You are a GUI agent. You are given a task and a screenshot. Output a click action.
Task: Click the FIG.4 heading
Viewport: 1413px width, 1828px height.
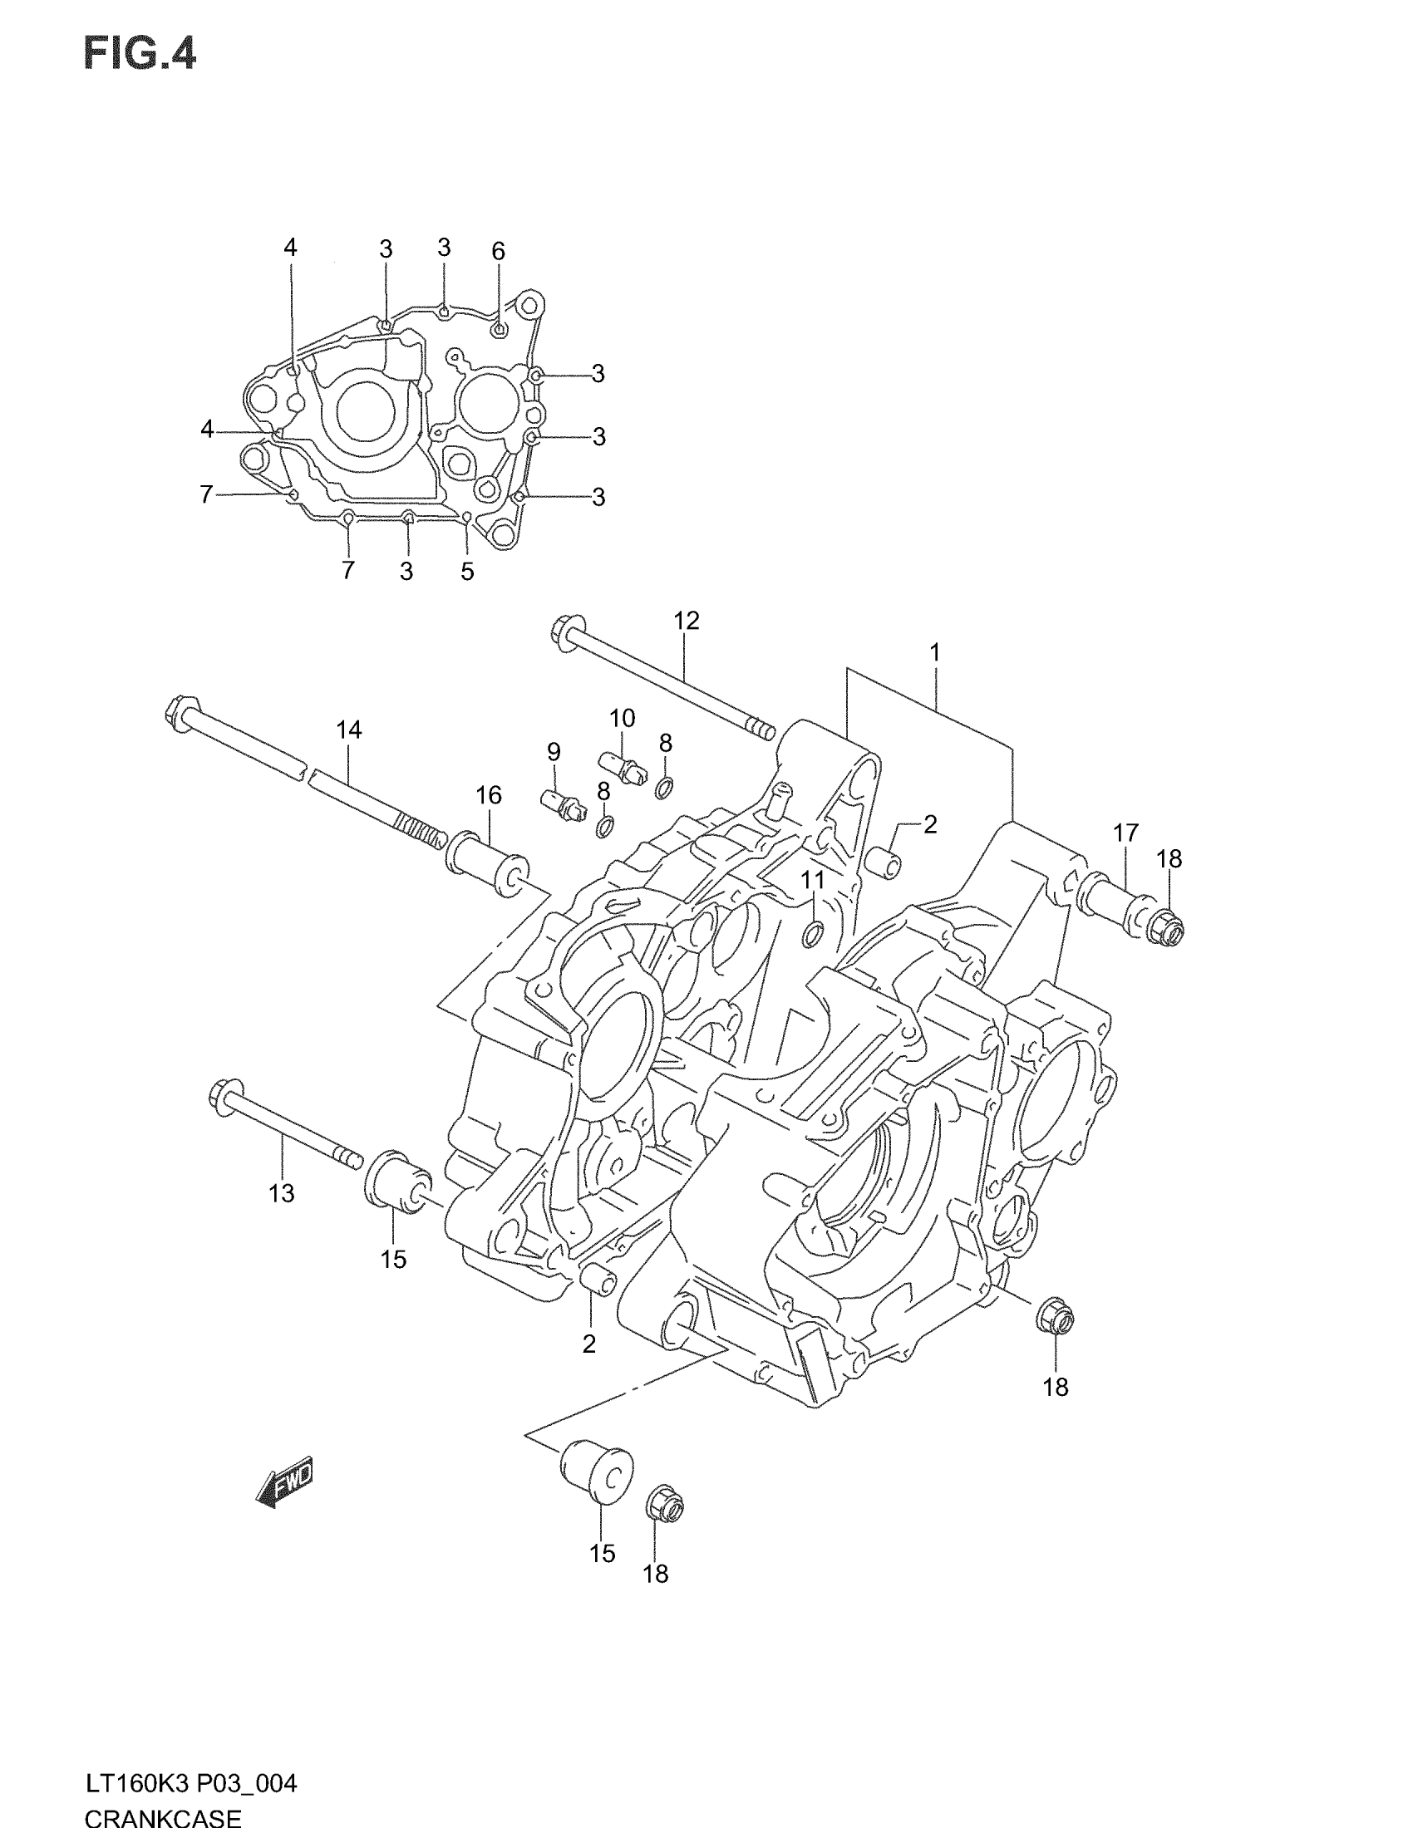click(140, 55)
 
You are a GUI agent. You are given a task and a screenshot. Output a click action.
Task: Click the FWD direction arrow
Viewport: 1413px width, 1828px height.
click(284, 1485)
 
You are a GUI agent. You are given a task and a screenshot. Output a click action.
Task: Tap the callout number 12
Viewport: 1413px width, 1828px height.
click(686, 621)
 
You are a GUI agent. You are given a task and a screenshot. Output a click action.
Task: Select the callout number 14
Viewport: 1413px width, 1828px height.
click(348, 730)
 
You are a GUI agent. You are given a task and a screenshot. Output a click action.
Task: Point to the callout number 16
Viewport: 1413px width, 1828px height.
click(489, 795)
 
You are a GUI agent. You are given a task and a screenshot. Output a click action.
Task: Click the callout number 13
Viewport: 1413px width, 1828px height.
click(281, 1193)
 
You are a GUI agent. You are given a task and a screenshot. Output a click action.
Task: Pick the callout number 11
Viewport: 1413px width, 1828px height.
click(813, 880)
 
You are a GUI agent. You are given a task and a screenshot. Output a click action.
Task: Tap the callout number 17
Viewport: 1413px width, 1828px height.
click(1126, 833)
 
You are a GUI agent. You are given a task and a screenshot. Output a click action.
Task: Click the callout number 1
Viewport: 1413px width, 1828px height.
click(934, 652)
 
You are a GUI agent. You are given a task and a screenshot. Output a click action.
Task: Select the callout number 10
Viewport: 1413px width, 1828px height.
click(622, 718)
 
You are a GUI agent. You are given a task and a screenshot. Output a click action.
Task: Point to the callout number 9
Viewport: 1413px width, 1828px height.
click(554, 752)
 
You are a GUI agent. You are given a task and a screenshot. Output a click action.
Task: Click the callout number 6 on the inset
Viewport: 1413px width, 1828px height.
click(498, 251)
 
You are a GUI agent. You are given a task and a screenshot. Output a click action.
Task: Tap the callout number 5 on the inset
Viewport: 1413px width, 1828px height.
click(467, 572)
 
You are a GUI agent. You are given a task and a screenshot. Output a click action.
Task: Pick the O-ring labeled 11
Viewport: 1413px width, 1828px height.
click(812, 934)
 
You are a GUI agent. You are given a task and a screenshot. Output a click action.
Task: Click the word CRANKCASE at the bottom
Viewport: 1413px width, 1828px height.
click(162, 1818)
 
